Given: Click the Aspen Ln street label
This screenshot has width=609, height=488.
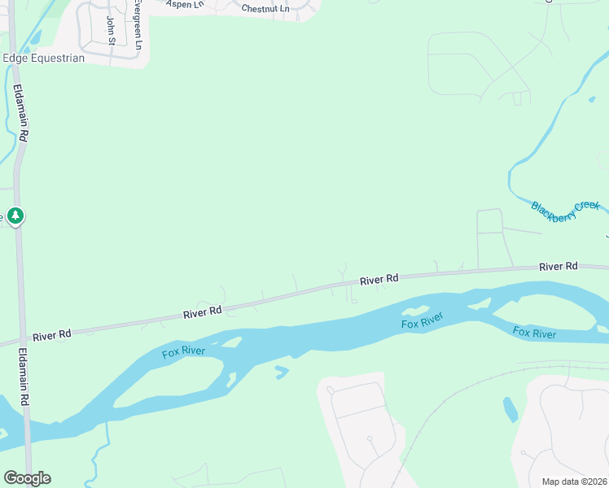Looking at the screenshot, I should tap(183, 4).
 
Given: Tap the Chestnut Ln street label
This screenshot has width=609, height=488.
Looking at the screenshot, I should tap(265, 8).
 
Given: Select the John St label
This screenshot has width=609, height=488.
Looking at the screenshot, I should tap(111, 30).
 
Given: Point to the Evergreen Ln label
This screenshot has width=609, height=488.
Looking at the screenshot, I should tap(138, 24).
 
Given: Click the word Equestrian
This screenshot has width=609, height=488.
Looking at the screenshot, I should tap(55, 58).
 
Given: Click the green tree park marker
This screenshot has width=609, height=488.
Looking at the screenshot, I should tap(15, 216).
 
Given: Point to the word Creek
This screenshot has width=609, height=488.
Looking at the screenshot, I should tap(587, 205).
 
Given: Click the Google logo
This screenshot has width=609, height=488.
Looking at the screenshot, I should tap(27, 478).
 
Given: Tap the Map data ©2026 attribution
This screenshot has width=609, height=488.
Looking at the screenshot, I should tap(574, 481).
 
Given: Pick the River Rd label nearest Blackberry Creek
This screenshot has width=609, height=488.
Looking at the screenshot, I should tap(558, 266).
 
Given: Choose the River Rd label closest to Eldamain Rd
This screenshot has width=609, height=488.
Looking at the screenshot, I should tap(52, 334).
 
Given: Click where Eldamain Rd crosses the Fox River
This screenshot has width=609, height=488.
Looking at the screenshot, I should tap(27, 423).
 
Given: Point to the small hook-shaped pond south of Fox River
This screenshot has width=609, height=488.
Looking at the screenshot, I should tap(282, 373).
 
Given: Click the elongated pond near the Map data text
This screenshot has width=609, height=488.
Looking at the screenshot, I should tap(510, 409).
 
